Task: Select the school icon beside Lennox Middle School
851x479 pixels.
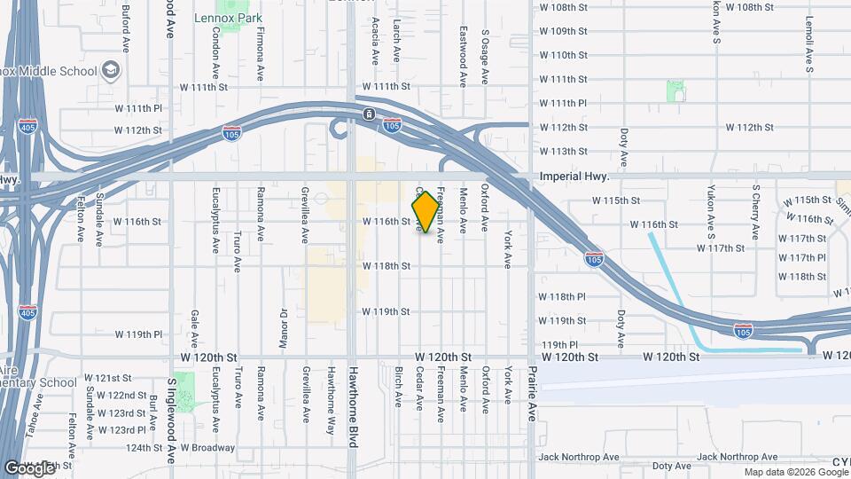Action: pos(111,69)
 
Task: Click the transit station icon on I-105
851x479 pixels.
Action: pos(368,114)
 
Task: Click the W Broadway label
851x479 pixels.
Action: pos(208,448)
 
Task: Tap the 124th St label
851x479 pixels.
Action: pos(144,448)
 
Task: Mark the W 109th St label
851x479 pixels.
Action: pos(564,31)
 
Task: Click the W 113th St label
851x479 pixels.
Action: pos(564,151)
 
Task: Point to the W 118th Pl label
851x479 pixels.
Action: pos(564,296)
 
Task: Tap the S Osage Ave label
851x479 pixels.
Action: pos(485,59)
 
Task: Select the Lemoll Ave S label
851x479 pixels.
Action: pos(809,43)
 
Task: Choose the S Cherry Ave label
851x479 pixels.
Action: pos(755,213)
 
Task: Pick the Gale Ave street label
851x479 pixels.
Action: pos(194,329)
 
